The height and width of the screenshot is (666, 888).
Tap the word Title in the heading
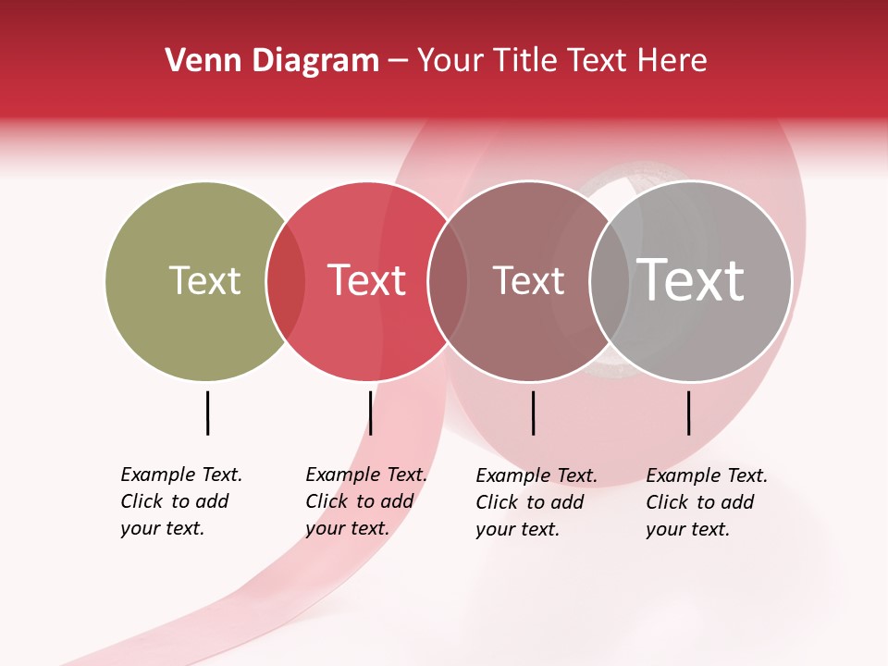tap(526, 61)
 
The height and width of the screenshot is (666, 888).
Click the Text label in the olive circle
tap(204, 280)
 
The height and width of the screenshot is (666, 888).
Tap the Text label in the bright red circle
tap(366, 280)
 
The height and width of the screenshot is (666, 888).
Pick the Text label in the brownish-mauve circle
tap(528, 280)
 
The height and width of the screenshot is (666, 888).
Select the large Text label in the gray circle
tap(690, 280)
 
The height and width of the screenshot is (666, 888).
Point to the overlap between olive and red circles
tap(286, 281)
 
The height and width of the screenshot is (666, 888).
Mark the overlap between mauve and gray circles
tap(609, 281)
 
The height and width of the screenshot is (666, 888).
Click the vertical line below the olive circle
tap(208, 413)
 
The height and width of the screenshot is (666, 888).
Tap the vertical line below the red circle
tap(370, 413)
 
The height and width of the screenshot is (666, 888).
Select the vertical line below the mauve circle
tap(533, 413)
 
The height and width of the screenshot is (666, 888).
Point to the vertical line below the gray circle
tap(689, 413)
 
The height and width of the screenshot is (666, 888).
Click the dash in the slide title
tap(398, 62)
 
